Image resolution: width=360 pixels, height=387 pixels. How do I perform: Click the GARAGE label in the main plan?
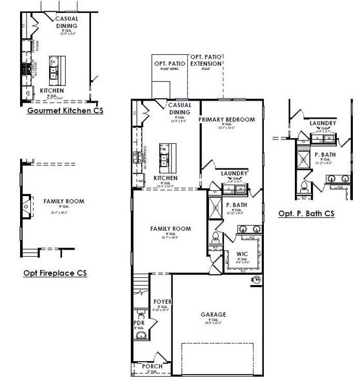coord(213,314)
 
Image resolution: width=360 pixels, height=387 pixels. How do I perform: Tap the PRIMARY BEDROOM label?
coord(226,119)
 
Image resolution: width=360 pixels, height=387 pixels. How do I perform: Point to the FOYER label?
coord(161,302)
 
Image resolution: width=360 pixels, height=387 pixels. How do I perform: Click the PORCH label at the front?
coord(152,366)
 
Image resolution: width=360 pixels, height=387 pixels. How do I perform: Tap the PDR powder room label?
coord(139,322)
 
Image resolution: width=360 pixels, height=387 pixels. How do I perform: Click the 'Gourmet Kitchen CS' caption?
coord(65,110)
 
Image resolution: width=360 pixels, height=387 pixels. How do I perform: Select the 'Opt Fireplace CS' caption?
coord(55,273)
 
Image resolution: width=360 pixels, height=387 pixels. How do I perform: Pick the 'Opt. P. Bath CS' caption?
coord(306,213)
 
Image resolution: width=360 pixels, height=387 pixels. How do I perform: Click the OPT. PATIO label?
coord(170,64)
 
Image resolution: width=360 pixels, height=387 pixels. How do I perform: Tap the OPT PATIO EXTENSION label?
coord(206,61)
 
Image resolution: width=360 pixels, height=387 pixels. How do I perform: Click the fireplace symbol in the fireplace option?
coord(26,206)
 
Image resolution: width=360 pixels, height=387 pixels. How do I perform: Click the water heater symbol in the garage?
coord(257,280)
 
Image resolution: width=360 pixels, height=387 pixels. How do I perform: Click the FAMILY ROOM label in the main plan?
coord(171,228)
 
